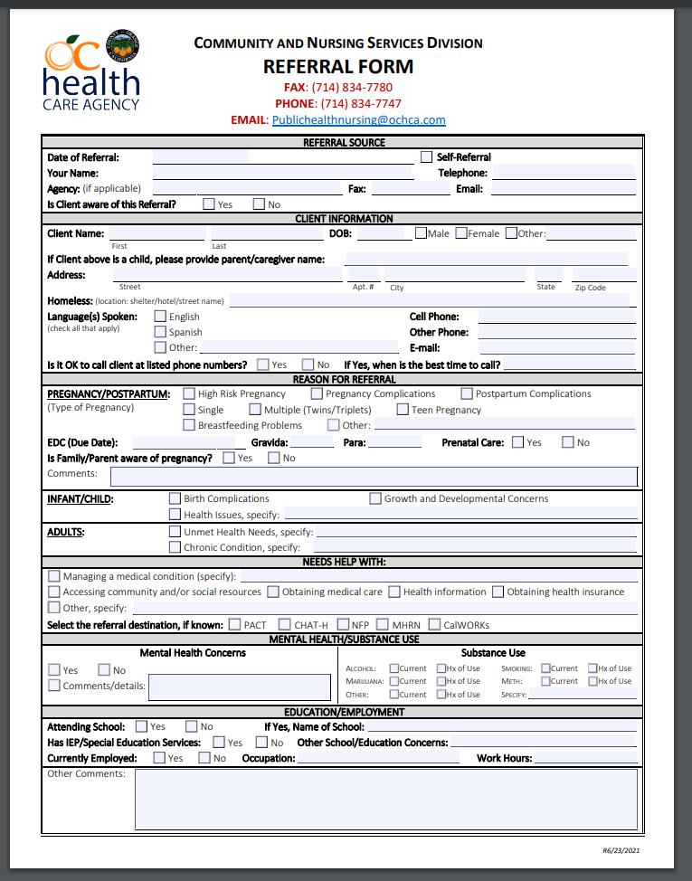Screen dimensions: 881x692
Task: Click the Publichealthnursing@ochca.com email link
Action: pos(358,120)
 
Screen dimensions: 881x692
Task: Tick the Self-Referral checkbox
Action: pos(428,157)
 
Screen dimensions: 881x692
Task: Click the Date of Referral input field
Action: pos(201,157)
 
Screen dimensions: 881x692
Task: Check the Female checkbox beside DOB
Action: pos(461,233)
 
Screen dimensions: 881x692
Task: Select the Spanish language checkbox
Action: pos(160,332)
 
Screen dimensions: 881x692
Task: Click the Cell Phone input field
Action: pos(556,317)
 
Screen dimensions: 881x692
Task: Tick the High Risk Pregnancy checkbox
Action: pos(189,393)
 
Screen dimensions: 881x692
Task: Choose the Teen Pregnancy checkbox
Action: pos(403,410)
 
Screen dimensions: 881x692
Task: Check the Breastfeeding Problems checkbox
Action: pos(189,425)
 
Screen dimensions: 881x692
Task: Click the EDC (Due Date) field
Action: pos(185,442)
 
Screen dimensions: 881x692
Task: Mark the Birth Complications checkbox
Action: pos(175,498)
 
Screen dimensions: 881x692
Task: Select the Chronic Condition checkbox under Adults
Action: pos(175,547)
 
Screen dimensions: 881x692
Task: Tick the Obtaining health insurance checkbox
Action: pos(498,592)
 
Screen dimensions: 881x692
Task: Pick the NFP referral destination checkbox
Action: pos(343,624)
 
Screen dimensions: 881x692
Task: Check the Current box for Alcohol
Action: pos(394,668)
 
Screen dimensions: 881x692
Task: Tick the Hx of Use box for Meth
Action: pos(592,681)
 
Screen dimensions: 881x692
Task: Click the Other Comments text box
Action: pos(385,799)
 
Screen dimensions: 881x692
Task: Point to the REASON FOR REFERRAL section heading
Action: pos(344,379)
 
